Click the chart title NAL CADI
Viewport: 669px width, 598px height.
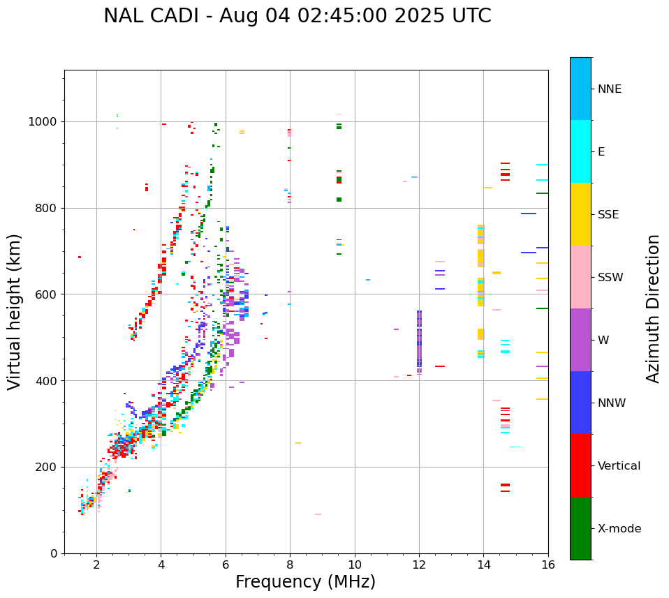297,16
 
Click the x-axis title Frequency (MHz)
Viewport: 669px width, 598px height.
305,582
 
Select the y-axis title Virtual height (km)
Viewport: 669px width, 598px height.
15,312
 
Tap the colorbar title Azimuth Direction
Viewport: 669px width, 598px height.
653,308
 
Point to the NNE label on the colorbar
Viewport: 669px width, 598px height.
609,89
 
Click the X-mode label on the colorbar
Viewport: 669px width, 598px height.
619,529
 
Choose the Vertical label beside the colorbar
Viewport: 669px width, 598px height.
619,466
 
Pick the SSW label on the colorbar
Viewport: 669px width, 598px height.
610,278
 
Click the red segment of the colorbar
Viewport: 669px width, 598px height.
580,465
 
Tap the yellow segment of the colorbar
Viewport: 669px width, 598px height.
580,214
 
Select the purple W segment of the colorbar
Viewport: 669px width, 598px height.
580,340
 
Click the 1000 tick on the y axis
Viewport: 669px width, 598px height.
44,122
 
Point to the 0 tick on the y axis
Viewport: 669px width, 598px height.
54,553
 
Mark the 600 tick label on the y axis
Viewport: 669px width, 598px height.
47,294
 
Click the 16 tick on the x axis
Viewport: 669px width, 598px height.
548,565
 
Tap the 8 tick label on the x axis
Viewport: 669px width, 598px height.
290,565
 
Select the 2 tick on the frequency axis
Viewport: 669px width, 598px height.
96,565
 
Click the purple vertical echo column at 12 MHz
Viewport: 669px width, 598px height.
419,341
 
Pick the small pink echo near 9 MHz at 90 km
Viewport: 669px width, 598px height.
318,514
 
